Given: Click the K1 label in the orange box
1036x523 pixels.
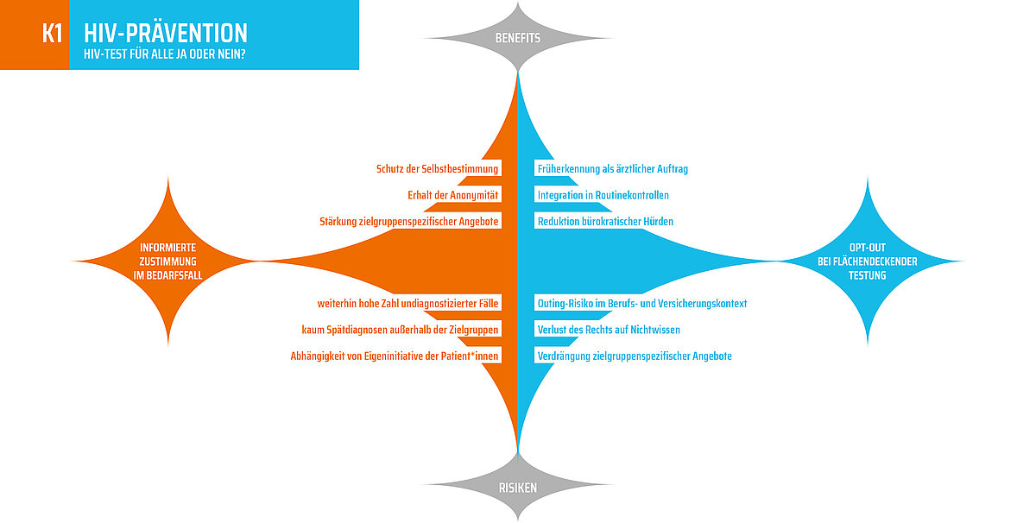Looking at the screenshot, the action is [x=52, y=34].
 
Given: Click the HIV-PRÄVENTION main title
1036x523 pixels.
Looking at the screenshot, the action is [x=166, y=33].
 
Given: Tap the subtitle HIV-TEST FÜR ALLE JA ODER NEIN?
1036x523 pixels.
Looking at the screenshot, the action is [x=164, y=54].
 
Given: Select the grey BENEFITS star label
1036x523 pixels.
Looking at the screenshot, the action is [x=517, y=38].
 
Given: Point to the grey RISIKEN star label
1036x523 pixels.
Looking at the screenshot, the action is [x=517, y=488].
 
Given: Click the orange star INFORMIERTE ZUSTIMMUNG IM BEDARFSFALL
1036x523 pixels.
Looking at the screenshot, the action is [x=167, y=261].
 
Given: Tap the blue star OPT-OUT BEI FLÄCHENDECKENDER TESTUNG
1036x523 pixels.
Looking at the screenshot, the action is [x=867, y=261].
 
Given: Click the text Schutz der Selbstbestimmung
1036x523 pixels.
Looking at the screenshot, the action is [x=437, y=169].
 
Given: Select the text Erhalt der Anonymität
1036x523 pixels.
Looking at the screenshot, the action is [x=452, y=195].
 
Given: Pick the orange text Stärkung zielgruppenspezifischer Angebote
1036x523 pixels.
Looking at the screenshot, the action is [x=409, y=222].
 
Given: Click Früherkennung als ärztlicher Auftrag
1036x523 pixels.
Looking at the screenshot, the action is [x=612, y=169].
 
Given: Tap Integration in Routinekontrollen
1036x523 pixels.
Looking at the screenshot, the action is [x=603, y=195].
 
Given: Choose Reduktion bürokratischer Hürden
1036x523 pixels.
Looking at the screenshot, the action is [x=605, y=222].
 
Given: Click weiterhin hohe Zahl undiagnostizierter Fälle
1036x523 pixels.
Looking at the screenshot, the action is [x=407, y=303].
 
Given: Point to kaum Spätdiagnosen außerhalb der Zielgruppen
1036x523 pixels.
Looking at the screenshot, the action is [x=400, y=330].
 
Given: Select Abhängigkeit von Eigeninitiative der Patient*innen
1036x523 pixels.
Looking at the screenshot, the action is [x=395, y=356].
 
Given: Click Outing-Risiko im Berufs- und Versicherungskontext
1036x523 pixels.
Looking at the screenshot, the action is [x=642, y=303].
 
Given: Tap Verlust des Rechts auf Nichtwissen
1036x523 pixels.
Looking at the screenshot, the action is [x=609, y=330].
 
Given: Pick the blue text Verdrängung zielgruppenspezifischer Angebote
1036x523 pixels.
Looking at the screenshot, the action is [x=635, y=356].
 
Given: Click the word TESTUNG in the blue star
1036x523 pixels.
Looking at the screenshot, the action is [x=867, y=275].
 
